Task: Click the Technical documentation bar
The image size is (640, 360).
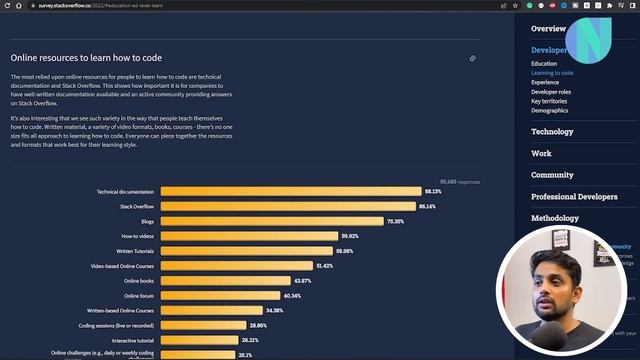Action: [x=290, y=191]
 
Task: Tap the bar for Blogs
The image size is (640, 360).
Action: [x=271, y=221]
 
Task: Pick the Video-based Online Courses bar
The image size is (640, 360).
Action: [x=236, y=266]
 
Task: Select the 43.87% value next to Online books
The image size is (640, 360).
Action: [x=303, y=281]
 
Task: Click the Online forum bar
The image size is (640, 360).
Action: [x=220, y=296]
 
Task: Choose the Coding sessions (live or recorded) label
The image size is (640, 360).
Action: [x=116, y=325]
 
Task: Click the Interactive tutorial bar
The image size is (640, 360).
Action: [x=199, y=340]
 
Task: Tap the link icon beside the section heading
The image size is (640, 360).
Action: [x=472, y=58]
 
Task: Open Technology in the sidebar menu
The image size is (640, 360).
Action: [x=552, y=132]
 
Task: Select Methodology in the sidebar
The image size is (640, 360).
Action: [x=554, y=218]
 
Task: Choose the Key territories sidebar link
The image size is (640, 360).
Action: [x=549, y=101]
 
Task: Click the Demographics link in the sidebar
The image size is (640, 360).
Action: [x=550, y=111]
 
